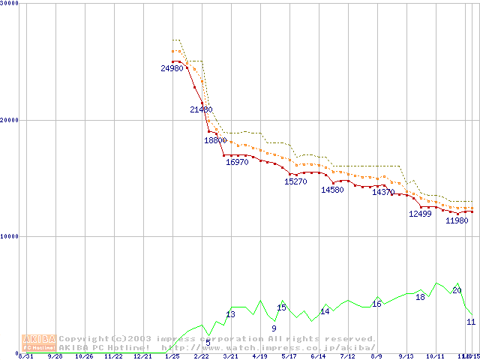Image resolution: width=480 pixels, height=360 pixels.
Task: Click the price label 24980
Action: (172, 68)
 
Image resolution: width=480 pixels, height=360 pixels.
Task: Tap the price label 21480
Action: (202, 109)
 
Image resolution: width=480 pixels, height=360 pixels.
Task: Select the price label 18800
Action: (216, 140)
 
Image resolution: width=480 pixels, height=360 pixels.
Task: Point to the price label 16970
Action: (238, 161)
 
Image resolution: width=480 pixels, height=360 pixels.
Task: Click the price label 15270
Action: (295, 181)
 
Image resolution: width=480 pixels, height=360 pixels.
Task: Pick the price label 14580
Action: (332, 190)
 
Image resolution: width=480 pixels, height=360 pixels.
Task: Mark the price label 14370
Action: (383, 193)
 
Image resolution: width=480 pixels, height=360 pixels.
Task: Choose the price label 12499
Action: (420, 214)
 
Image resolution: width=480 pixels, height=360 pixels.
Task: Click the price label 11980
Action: (457, 220)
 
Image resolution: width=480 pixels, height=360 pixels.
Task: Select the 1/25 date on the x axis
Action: (172, 357)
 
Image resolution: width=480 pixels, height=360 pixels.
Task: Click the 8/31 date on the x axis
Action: (26, 357)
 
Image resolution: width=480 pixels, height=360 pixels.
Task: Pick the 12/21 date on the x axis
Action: (142, 357)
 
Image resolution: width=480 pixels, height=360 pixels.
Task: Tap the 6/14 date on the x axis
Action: (318, 357)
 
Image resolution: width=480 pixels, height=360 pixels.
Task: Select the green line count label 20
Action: (457, 290)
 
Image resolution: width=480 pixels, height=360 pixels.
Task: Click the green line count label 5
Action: (208, 343)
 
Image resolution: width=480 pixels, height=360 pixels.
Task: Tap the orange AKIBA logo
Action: (37, 342)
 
